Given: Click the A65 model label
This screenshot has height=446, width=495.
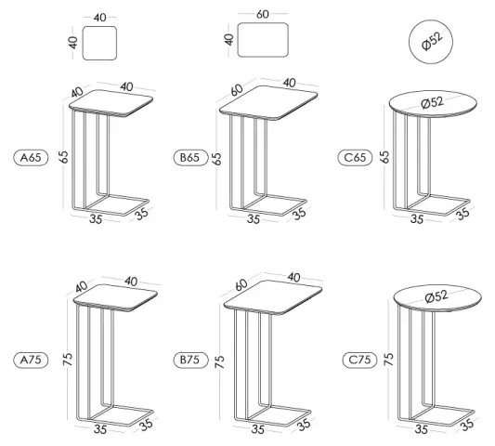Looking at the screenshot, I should pos(31,157).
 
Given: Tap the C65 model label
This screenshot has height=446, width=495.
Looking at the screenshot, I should pos(355,157).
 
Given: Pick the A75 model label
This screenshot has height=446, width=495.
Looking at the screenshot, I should pos(31,357).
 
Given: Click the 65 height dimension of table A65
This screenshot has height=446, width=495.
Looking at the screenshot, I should pos(65,155).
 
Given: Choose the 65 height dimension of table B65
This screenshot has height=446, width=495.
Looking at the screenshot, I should pos(217,157).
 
